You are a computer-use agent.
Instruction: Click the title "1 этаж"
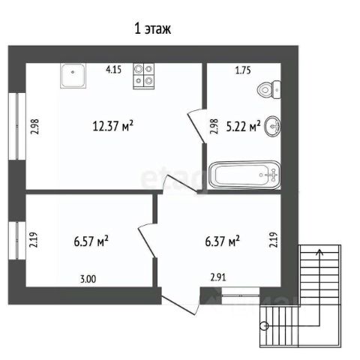tap(153, 28)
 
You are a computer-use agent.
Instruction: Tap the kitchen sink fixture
tap(73, 76)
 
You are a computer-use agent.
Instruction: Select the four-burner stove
tap(144, 76)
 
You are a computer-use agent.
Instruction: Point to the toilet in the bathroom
tap(269, 89)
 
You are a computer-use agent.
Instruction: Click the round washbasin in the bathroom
tap(272, 126)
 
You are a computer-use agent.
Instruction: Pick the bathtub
tap(244, 175)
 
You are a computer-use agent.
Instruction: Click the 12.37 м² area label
tap(112, 125)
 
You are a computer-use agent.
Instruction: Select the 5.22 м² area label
tap(243, 127)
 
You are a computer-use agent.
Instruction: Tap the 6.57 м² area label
tap(91, 241)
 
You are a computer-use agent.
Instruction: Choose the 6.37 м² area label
tap(222, 241)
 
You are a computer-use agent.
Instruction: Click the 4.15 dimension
tap(113, 70)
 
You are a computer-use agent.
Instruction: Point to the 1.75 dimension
tap(243, 70)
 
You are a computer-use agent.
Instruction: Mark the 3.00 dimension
tap(88, 279)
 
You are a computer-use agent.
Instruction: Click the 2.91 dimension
tap(218, 277)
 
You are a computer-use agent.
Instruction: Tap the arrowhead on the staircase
tap(319, 252)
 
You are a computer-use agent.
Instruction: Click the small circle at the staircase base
tap(265, 325)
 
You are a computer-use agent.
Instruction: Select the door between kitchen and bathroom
tap(197, 126)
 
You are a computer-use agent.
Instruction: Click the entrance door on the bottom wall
tap(181, 301)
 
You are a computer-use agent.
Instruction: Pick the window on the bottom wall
tap(241, 295)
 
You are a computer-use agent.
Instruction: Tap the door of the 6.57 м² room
tap(148, 239)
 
